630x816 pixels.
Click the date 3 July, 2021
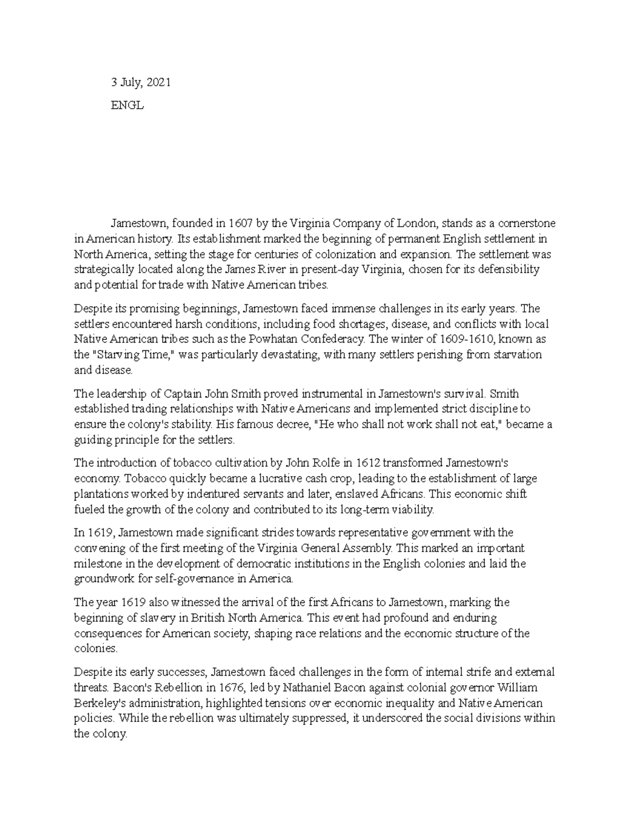click(140, 82)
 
